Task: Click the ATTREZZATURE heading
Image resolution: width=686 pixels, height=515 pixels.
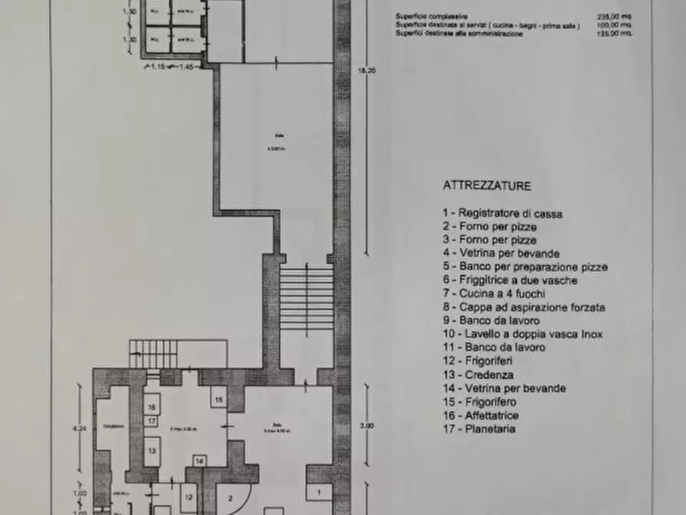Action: coord(486,186)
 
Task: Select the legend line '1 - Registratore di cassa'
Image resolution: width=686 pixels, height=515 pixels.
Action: coord(502,214)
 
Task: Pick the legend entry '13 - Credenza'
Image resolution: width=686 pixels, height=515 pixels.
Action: coord(478,375)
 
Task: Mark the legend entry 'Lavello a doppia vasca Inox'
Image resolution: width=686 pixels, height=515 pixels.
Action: coord(522,334)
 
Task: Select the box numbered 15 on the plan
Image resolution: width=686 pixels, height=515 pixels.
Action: coord(219,400)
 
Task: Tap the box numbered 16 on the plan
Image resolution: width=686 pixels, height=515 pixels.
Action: coord(152,408)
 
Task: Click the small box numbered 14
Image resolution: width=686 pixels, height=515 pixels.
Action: coord(199,461)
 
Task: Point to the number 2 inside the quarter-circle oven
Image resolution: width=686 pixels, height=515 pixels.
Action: coord(228,497)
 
